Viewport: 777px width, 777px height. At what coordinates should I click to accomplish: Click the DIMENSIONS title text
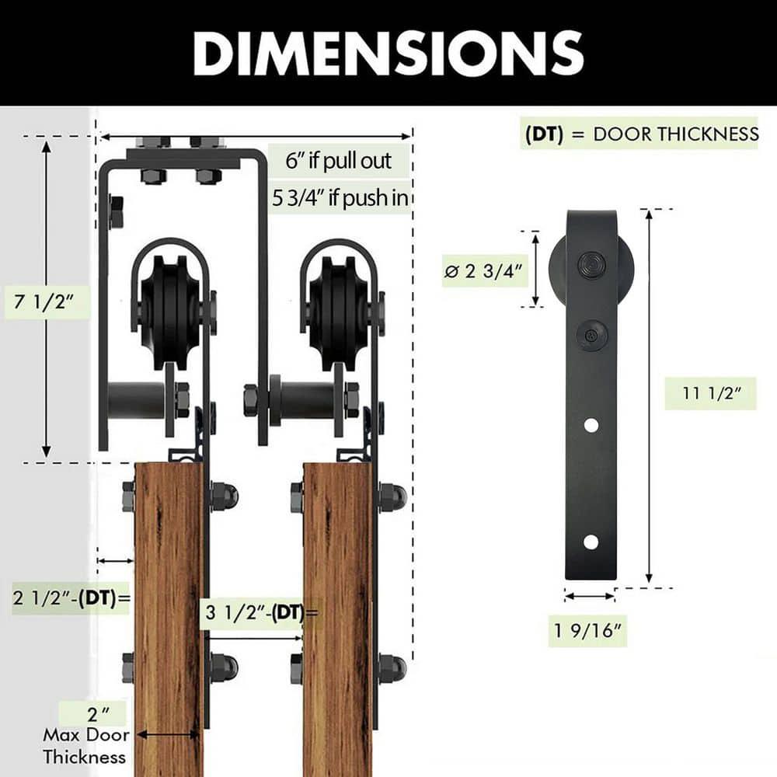click(388, 52)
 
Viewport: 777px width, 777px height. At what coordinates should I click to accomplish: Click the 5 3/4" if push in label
click(340, 198)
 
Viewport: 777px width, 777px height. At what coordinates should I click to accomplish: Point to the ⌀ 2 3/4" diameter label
click(483, 271)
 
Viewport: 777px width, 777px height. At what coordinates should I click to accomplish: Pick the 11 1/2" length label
click(709, 393)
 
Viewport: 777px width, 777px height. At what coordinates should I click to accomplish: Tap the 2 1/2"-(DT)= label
click(70, 598)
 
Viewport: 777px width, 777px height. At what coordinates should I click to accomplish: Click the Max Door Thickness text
click(84, 744)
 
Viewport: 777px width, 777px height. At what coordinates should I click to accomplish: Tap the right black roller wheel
click(339, 311)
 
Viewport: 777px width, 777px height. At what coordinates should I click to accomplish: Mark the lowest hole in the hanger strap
click(591, 542)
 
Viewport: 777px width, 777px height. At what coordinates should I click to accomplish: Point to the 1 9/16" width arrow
click(590, 597)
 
